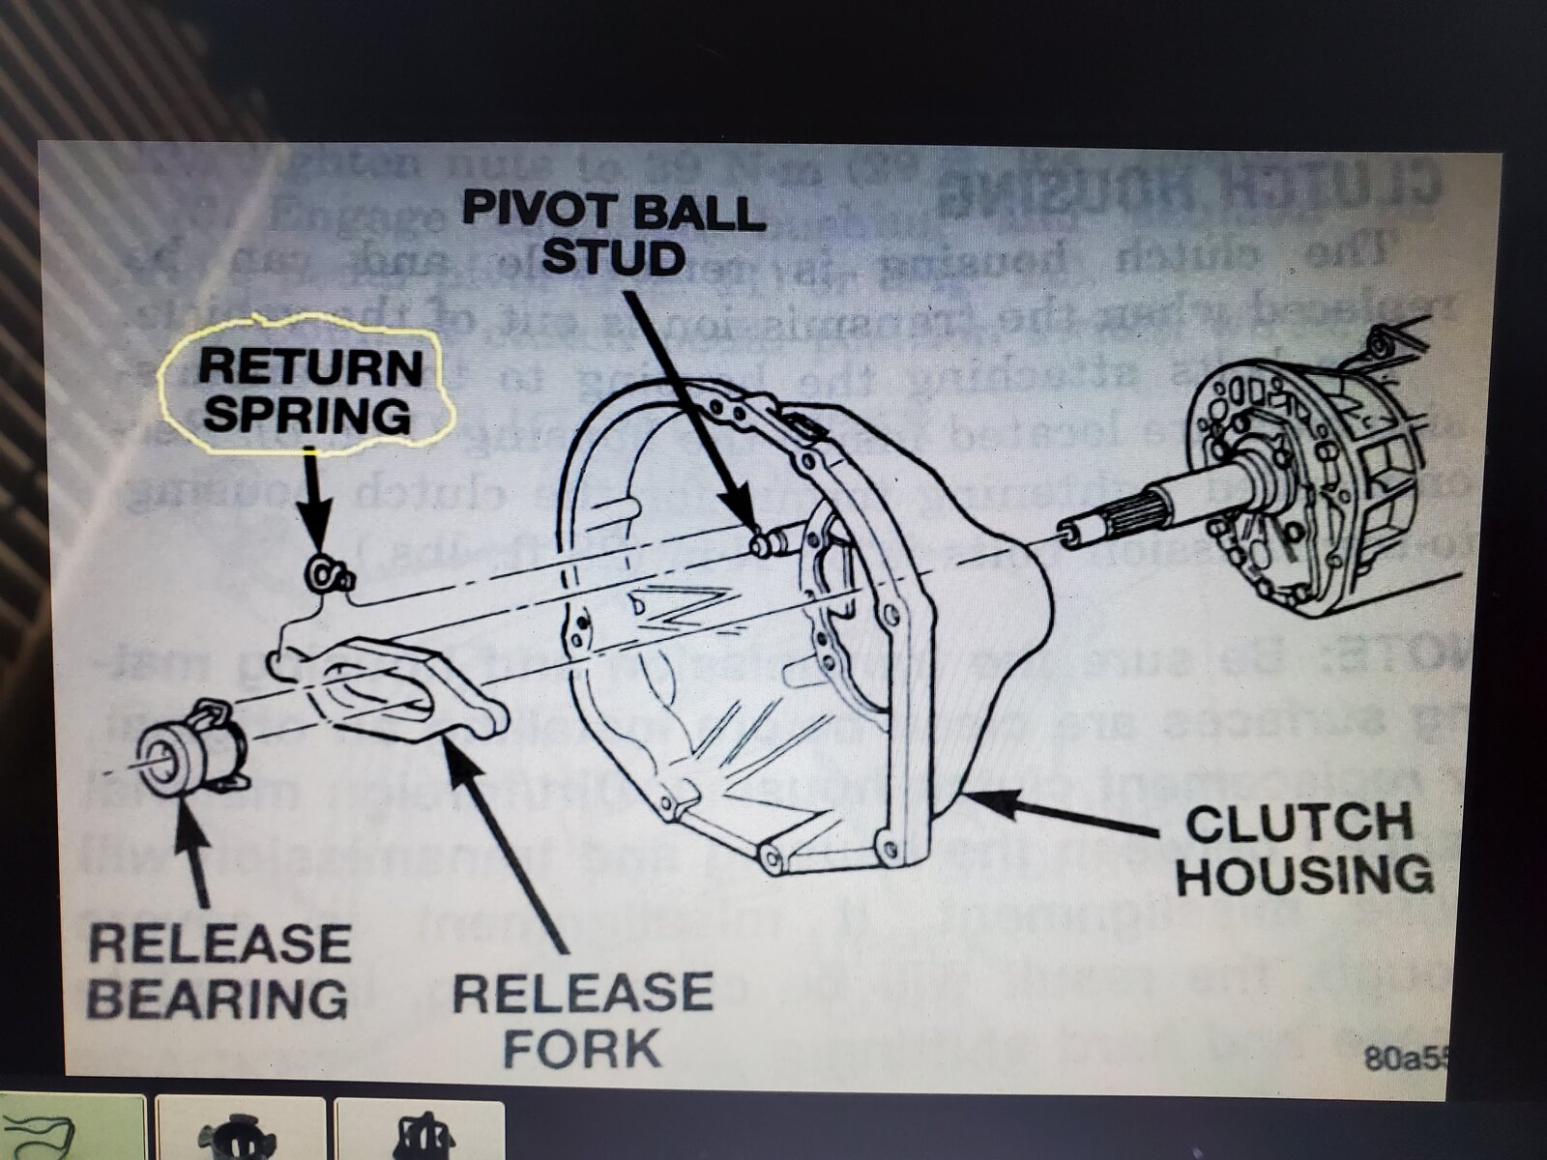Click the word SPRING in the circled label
[x=307, y=414]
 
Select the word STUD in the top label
[x=613, y=257]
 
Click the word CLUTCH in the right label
[x=1299, y=824]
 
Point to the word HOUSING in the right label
[x=1304, y=875]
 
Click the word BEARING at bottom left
[x=219, y=998]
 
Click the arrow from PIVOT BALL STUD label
[x=686, y=406]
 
